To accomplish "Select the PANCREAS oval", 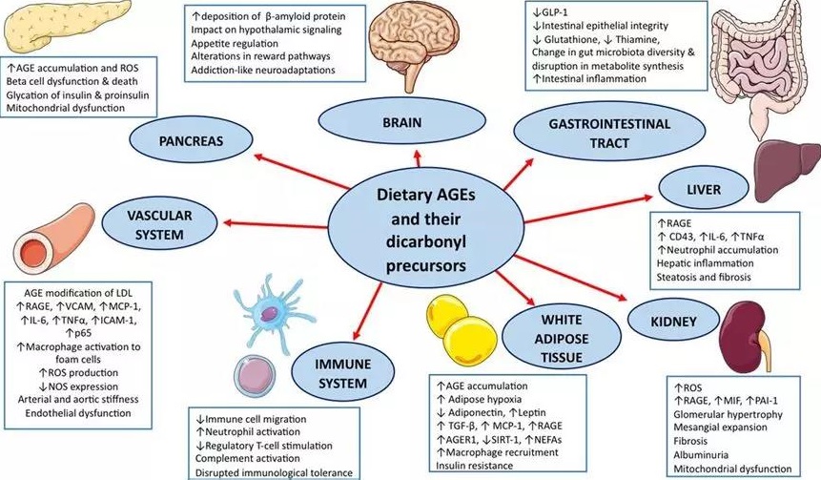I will pos(191,141).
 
